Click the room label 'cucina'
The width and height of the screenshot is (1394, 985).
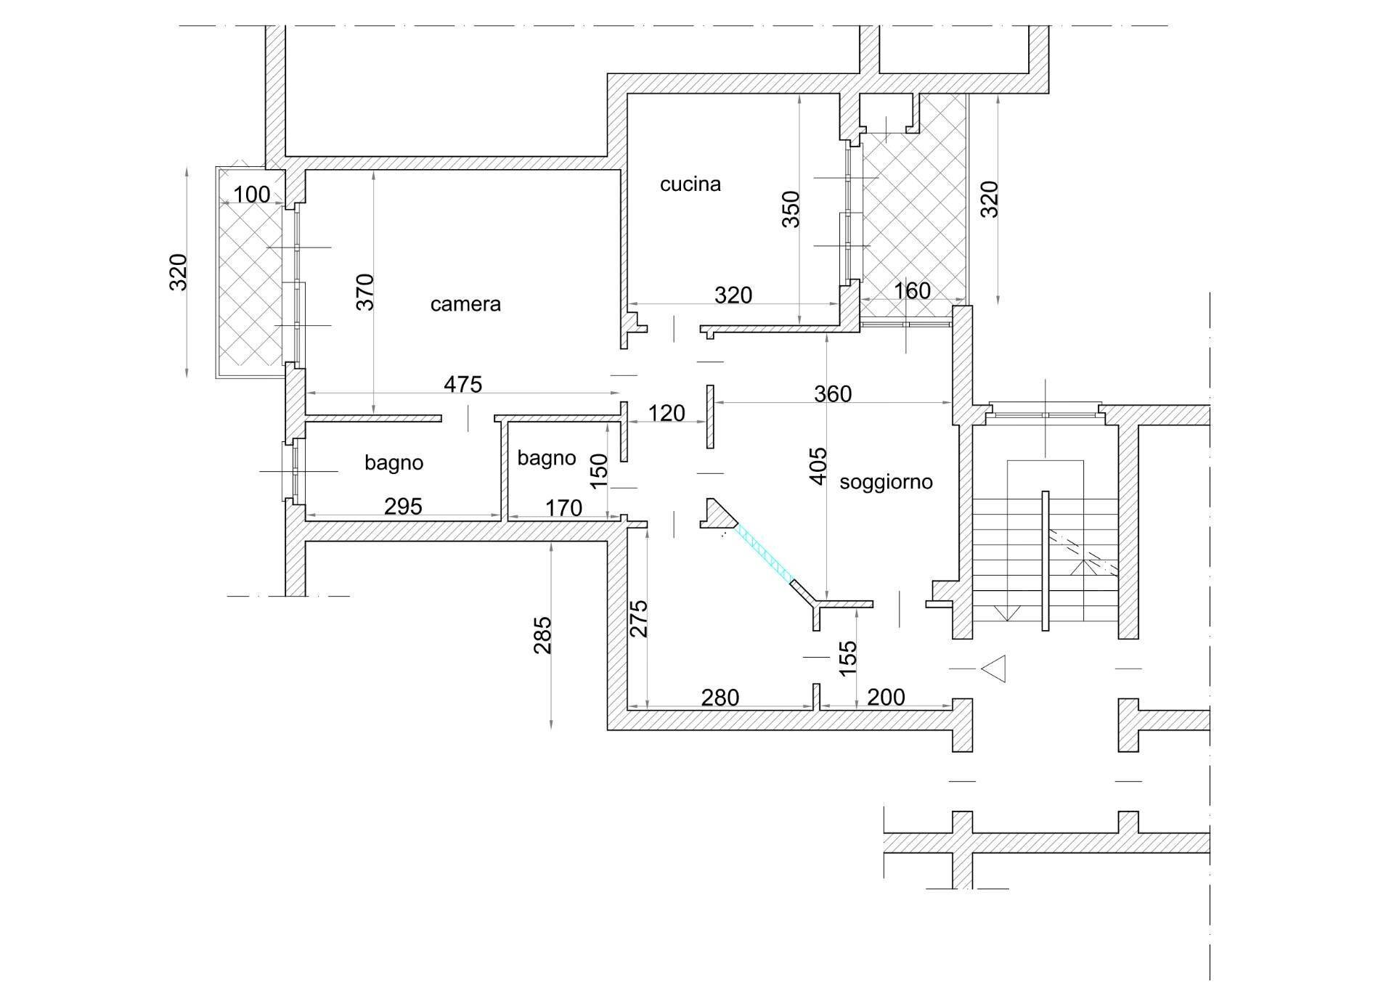(690, 184)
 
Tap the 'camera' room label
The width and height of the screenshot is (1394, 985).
(465, 303)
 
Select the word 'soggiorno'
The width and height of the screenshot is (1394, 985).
(886, 482)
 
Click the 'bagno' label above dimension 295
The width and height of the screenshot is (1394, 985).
(394, 462)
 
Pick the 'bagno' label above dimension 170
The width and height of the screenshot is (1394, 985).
(547, 458)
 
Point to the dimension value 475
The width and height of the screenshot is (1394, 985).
(462, 384)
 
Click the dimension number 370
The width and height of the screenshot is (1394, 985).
(366, 292)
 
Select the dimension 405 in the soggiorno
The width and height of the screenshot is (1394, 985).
(818, 466)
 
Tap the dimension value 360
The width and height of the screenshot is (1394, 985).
(832, 394)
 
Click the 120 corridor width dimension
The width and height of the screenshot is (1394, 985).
(666, 414)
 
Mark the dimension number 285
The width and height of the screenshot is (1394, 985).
(543, 635)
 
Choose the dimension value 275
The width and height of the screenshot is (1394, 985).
(638, 618)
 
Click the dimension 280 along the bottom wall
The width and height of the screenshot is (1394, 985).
(720, 698)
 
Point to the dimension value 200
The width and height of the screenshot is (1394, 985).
(886, 698)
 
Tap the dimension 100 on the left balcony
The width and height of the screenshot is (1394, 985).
(251, 195)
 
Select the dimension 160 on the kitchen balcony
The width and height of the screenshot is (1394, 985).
(911, 291)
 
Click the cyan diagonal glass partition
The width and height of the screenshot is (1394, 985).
(765, 553)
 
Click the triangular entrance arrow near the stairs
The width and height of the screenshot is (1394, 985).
(994, 669)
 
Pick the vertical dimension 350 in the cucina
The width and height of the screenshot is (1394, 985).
(791, 209)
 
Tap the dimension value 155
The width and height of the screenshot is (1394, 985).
(848, 658)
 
